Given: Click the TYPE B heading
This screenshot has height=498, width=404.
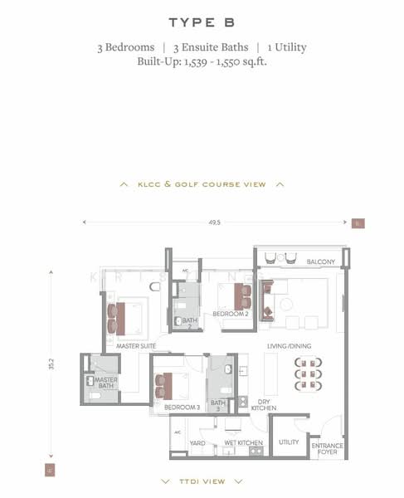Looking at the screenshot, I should (x=202, y=22).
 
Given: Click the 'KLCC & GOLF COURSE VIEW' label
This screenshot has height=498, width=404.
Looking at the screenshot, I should (x=202, y=184).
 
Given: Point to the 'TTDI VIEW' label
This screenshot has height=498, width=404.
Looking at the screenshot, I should (x=202, y=481).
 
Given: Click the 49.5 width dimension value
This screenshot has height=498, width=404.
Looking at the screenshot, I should (x=214, y=222).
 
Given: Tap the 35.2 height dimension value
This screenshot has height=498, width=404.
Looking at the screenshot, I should (x=51, y=364).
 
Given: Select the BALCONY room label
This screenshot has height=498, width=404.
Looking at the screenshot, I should (x=320, y=262).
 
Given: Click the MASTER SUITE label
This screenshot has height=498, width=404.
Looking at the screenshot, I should (x=138, y=346).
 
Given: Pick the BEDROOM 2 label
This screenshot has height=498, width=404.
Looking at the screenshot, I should (x=231, y=315).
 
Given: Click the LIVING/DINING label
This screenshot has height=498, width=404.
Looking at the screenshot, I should (x=288, y=345).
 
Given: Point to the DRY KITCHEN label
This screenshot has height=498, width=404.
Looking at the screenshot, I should (x=263, y=403).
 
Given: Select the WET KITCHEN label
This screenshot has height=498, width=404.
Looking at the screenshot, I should (x=244, y=442).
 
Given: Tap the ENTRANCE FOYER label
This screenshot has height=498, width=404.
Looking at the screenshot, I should (x=327, y=449).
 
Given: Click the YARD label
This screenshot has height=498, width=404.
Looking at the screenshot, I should (x=197, y=442).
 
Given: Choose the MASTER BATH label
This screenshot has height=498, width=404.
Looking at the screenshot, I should (x=105, y=382).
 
